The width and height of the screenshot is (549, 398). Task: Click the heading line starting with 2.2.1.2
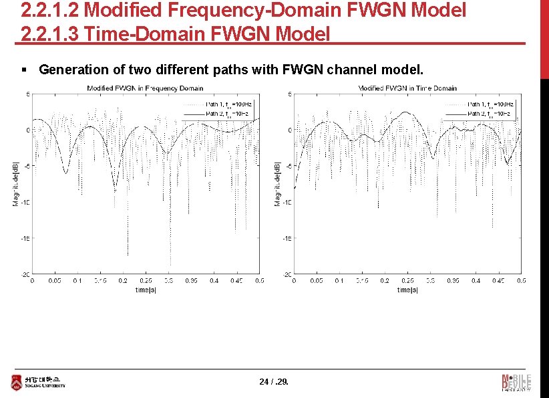pos(243,11)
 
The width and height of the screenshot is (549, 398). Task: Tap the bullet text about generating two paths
pos(231,70)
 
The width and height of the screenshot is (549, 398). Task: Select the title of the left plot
pos(145,88)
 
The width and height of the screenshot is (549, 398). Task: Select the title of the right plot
pos(407,88)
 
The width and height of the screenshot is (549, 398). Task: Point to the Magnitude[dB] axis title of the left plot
pos(15,183)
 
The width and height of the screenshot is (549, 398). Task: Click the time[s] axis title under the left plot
pos(145,290)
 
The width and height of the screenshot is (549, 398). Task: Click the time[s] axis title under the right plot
pos(407,290)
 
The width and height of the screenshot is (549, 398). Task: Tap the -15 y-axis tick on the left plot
pos(24,238)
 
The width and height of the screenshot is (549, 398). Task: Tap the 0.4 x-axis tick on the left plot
pos(214,281)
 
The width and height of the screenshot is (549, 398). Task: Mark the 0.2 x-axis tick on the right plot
pos(385,281)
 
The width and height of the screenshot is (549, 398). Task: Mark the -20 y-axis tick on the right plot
pos(286,274)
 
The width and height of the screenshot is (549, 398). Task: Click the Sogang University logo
pos(37,382)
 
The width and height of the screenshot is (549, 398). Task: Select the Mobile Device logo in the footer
pos(516,382)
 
